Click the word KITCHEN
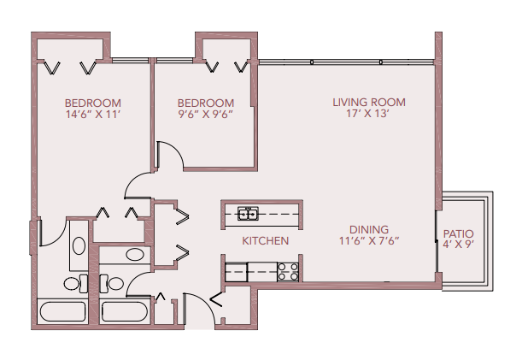(x=265, y=241)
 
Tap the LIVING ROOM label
(x=368, y=103)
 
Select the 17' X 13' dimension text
(x=368, y=115)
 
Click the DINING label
(x=368, y=229)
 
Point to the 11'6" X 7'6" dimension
(x=368, y=241)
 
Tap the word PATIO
(x=459, y=233)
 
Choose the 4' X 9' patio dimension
(x=459, y=245)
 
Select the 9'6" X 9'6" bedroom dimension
(x=205, y=115)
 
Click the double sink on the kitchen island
(x=249, y=213)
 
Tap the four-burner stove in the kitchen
(x=288, y=272)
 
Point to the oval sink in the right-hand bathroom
(x=135, y=254)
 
